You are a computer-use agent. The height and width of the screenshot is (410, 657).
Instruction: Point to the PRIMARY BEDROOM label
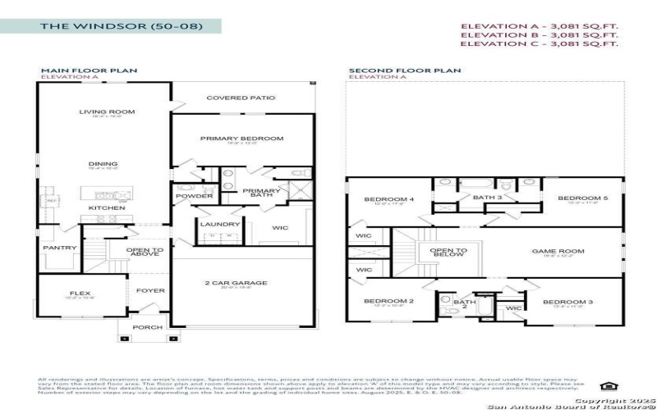pyautogui.click(x=241, y=139)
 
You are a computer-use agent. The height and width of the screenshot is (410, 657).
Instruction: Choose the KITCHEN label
pyautogui.click(x=107, y=208)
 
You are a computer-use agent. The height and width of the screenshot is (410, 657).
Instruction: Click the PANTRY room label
pyautogui.click(x=61, y=248)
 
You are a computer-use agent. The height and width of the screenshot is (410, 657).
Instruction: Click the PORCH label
pyautogui.click(x=148, y=327)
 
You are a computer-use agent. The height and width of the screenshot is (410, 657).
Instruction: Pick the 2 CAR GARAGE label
pyautogui.click(x=236, y=283)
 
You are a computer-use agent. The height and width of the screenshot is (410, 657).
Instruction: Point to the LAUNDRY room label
pyautogui.click(x=220, y=224)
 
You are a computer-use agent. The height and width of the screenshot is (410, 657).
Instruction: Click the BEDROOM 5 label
pyautogui.click(x=582, y=198)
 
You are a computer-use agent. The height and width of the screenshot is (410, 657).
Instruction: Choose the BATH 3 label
pyautogui.click(x=486, y=197)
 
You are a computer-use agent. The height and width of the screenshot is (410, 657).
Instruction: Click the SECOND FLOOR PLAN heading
pyautogui.click(x=393, y=71)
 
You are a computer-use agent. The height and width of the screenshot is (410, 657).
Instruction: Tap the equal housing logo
pyautogui.click(x=607, y=385)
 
